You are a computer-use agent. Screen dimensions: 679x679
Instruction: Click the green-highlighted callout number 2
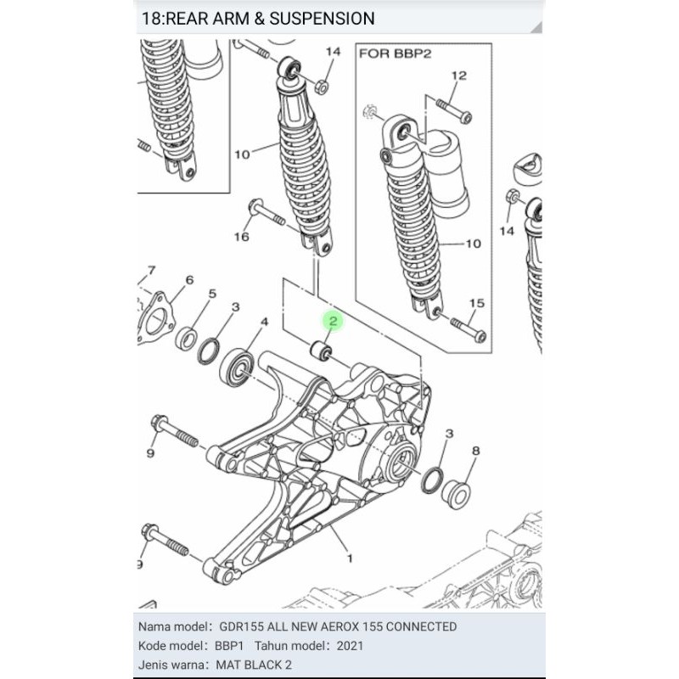[333, 322]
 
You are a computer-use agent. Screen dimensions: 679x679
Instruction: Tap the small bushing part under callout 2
[322, 350]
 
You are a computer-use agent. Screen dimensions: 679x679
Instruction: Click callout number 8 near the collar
[475, 451]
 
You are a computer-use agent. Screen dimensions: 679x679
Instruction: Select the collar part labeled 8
[456, 494]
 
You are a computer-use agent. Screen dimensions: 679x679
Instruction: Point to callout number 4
[264, 323]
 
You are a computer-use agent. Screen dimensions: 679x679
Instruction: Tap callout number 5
[212, 294]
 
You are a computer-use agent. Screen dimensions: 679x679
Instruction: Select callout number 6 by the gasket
[189, 280]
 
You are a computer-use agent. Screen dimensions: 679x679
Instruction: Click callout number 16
[242, 237]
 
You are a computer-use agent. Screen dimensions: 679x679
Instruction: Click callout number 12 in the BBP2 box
[459, 76]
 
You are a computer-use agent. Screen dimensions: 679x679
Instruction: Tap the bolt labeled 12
[454, 111]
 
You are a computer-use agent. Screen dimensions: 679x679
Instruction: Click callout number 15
[476, 303]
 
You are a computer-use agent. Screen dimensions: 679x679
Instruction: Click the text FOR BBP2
[395, 53]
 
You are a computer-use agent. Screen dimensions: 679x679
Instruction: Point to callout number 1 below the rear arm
[350, 558]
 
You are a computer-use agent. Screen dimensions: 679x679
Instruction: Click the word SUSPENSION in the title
[323, 19]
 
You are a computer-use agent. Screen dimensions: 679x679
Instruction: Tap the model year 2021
[350, 646]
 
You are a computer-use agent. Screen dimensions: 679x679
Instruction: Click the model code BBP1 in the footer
[229, 646]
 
